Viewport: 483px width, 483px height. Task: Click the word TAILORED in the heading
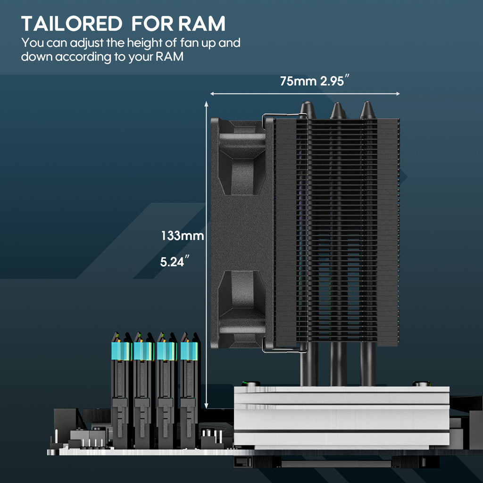click(71, 24)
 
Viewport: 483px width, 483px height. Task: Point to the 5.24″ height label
click(175, 261)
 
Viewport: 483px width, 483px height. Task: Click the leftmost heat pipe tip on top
click(307, 109)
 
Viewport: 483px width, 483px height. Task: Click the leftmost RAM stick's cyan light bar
click(120, 351)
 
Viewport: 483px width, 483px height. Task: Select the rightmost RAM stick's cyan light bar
click(190, 351)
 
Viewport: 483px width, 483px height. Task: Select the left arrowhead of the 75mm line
click(212, 94)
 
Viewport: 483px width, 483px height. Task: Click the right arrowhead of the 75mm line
click(398, 94)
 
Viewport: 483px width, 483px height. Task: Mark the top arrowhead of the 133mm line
click(207, 102)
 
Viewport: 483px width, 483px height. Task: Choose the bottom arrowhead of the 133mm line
click(207, 407)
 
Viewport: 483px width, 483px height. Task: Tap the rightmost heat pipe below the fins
click(368, 364)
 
